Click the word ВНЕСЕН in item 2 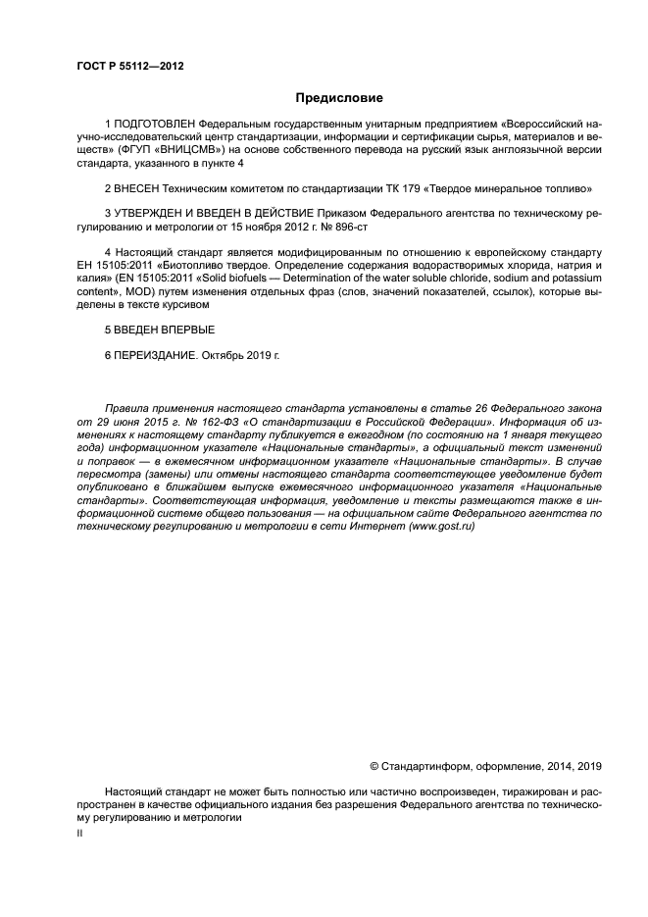coord(137,186)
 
